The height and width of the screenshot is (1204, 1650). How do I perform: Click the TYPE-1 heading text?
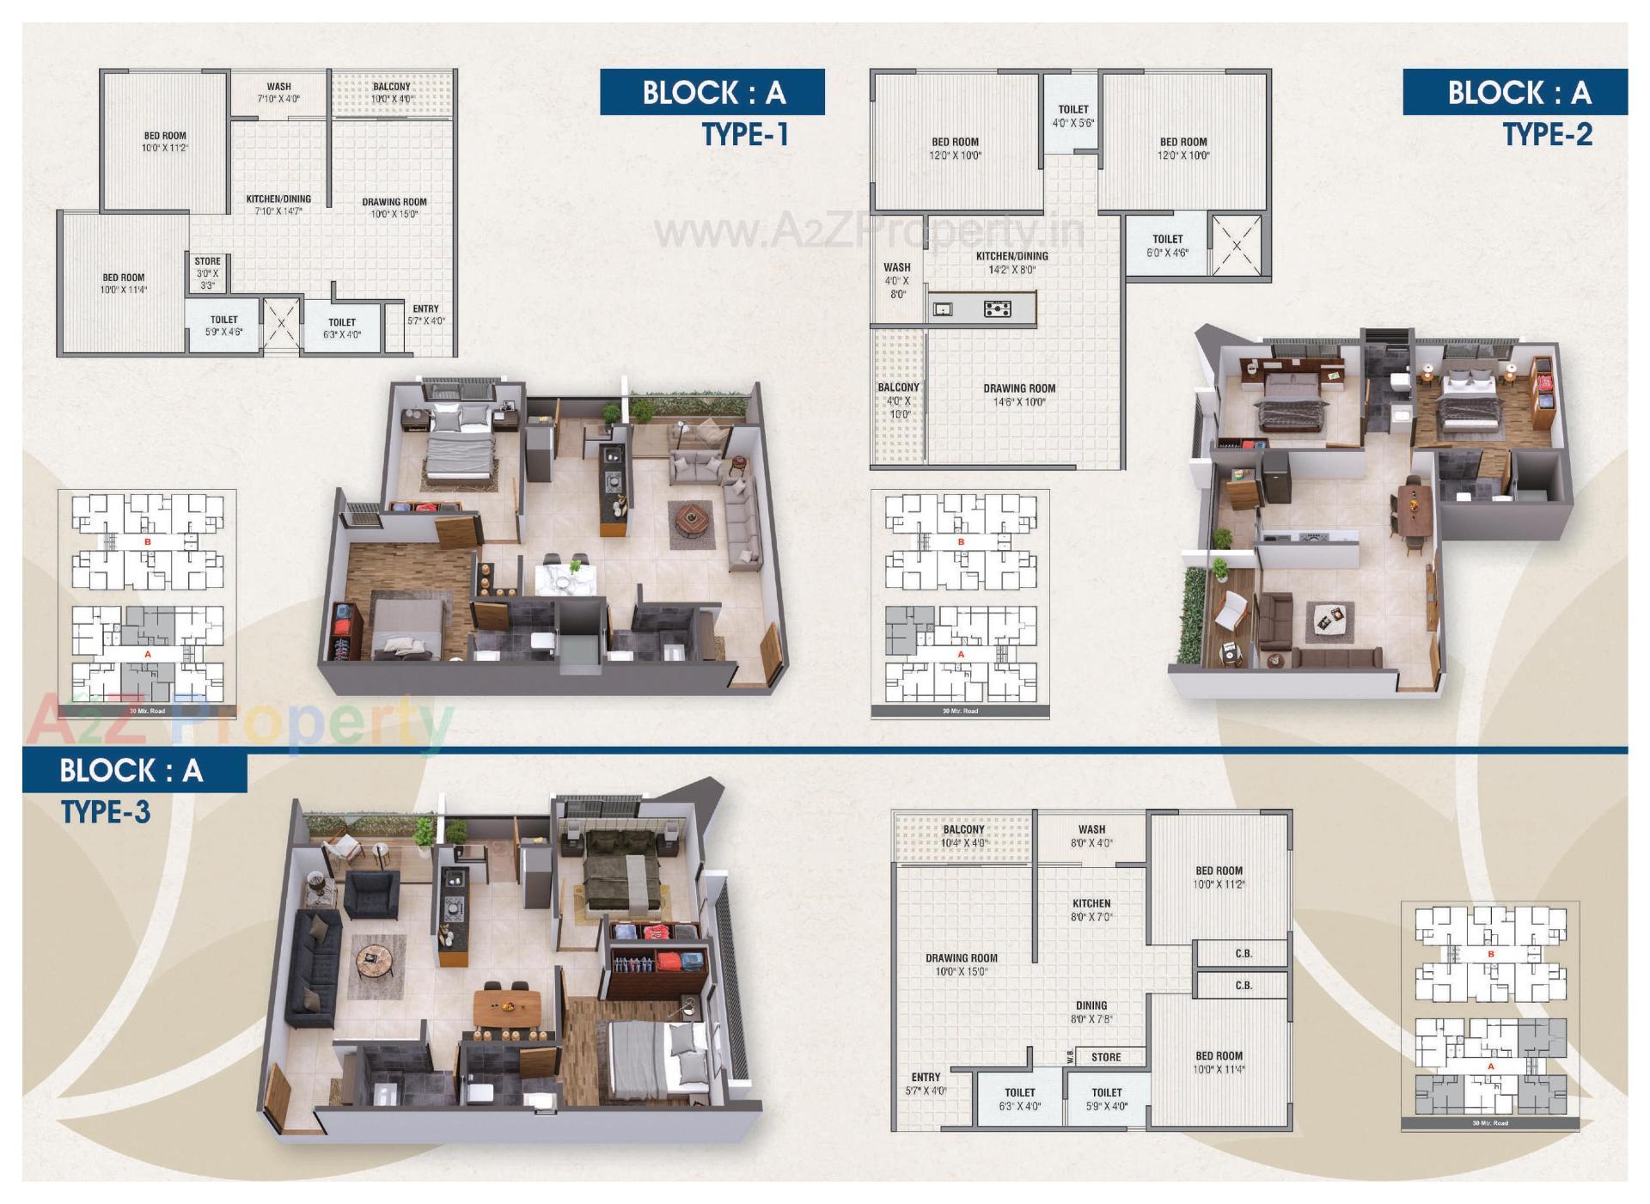[x=745, y=135]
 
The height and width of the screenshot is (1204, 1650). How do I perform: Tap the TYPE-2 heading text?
[x=1547, y=135]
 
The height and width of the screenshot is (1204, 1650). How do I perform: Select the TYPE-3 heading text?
[x=106, y=811]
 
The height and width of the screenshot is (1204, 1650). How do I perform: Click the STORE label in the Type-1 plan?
[x=207, y=261]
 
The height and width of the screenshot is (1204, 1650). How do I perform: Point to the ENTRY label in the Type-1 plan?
[x=425, y=309]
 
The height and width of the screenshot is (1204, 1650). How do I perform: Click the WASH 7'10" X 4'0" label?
[x=278, y=92]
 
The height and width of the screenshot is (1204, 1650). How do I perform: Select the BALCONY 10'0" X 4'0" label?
[x=392, y=92]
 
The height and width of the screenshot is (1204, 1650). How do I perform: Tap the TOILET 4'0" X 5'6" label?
[x=1072, y=115]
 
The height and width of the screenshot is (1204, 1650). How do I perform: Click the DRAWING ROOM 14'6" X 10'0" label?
[x=1019, y=394]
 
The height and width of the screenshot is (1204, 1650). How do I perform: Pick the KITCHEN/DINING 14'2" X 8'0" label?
[x=1011, y=262]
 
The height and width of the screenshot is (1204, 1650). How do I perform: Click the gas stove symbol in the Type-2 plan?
[x=997, y=309]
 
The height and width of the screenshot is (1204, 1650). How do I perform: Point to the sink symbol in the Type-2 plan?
[x=943, y=309]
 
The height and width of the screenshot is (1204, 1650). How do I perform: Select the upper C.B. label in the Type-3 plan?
[x=1243, y=953]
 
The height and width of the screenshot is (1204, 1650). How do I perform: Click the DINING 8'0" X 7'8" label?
[x=1091, y=1011]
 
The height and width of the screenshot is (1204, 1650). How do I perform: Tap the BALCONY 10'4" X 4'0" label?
[x=963, y=835]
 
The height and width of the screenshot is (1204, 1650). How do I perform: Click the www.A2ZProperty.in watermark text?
[x=868, y=230]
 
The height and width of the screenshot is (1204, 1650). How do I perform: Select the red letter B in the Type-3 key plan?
[x=1491, y=954]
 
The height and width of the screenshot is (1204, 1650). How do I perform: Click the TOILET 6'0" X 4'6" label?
[x=1167, y=245]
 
